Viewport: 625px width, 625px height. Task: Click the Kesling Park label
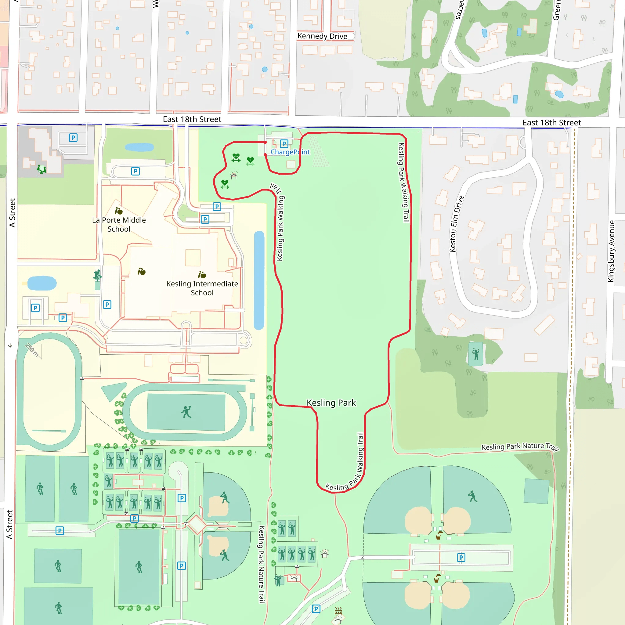(x=331, y=403)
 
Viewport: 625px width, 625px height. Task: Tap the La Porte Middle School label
(x=119, y=225)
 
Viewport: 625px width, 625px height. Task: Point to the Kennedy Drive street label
(x=322, y=36)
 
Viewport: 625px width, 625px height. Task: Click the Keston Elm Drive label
(x=457, y=224)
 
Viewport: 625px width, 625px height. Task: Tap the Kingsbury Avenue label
(x=611, y=251)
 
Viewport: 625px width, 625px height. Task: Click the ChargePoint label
(x=290, y=152)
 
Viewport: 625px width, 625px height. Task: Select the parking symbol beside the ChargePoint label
(x=284, y=144)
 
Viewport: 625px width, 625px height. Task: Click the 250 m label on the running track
(x=32, y=350)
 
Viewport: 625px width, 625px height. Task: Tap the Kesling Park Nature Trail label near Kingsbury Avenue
(x=520, y=447)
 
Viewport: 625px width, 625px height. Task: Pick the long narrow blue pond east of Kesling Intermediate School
(x=259, y=280)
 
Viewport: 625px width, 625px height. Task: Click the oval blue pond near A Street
(x=42, y=284)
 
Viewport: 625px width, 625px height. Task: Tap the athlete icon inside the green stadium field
(x=186, y=412)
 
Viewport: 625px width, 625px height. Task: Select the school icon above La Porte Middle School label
(x=118, y=211)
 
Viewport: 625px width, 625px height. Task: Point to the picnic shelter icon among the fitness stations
(x=233, y=175)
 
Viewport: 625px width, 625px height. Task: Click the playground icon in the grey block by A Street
(x=42, y=169)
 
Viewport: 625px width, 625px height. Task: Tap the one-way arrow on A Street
(x=10, y=345)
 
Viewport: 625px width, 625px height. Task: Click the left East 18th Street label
(x=192, y=119)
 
